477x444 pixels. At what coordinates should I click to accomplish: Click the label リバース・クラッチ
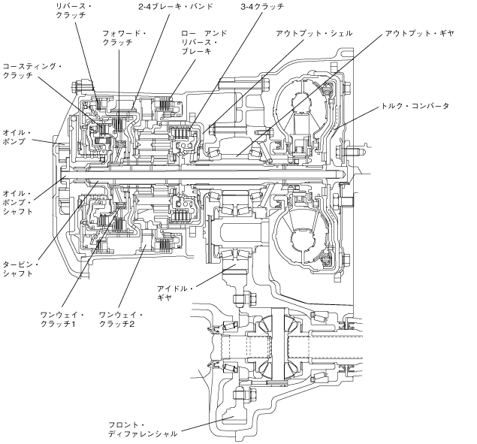tap(74, 11)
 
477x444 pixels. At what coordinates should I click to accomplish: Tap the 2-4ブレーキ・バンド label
tap(176, 7)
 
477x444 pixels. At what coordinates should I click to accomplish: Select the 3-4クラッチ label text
tap(262, 7)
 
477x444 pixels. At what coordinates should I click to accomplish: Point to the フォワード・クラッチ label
tap(124, 38)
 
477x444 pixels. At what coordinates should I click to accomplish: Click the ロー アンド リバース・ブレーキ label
tap(204, 42)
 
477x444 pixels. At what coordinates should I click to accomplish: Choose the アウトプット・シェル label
tap(314, 33)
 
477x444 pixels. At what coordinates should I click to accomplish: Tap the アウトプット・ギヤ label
tap(419, 33)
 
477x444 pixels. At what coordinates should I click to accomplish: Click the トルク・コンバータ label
tap(415, 106)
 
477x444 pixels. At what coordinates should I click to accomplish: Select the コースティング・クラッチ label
tap(32, 71)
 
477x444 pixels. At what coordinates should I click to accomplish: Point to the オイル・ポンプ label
tap(17, 137)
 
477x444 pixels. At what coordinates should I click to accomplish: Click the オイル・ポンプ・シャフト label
tap(17, 202)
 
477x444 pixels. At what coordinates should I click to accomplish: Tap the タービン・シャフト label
tap(20, 269)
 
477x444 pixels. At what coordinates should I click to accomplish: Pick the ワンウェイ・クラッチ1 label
tap(62, 319)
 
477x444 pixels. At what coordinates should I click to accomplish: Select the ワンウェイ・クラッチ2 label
tap(121, 319)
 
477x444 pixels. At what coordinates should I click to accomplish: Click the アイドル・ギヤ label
tap(175, 293)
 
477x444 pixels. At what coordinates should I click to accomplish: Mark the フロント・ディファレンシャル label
tap(143, 430)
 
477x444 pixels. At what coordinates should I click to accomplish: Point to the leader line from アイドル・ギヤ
tap(216, 276)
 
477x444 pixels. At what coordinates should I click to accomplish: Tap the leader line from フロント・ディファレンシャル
tap(207, 424)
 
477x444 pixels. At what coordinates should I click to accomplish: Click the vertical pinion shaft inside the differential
tap(278, 345)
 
